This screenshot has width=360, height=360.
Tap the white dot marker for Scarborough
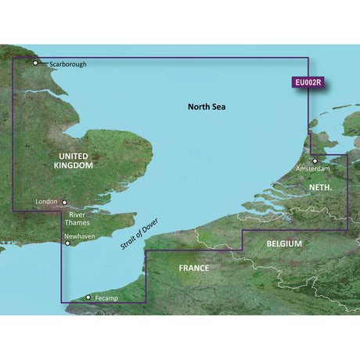point(35,63)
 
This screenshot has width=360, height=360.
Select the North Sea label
point(207,106)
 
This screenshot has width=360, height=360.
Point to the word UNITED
point(74,155)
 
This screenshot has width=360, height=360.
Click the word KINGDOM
point(74,166)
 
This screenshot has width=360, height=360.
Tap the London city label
point(47,201)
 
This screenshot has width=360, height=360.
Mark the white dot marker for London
point(65,201)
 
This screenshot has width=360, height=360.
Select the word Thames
point(81,221)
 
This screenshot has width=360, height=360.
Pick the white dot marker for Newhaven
point(68,243)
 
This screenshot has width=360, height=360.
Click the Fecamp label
point(106,297)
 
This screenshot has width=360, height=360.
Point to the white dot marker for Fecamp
point(87,297)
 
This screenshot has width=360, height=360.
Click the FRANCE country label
point(193,268)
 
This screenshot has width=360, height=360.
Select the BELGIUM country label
point(284,244)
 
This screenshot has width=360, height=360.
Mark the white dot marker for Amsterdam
point(315,160)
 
